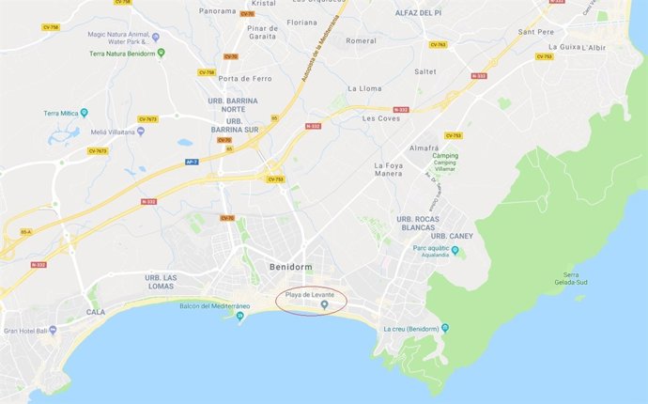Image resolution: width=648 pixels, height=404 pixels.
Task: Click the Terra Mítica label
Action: point(64,114)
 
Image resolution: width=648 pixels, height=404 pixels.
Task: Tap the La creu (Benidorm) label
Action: point(411,328)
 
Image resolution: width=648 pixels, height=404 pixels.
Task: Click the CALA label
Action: point(95,312)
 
